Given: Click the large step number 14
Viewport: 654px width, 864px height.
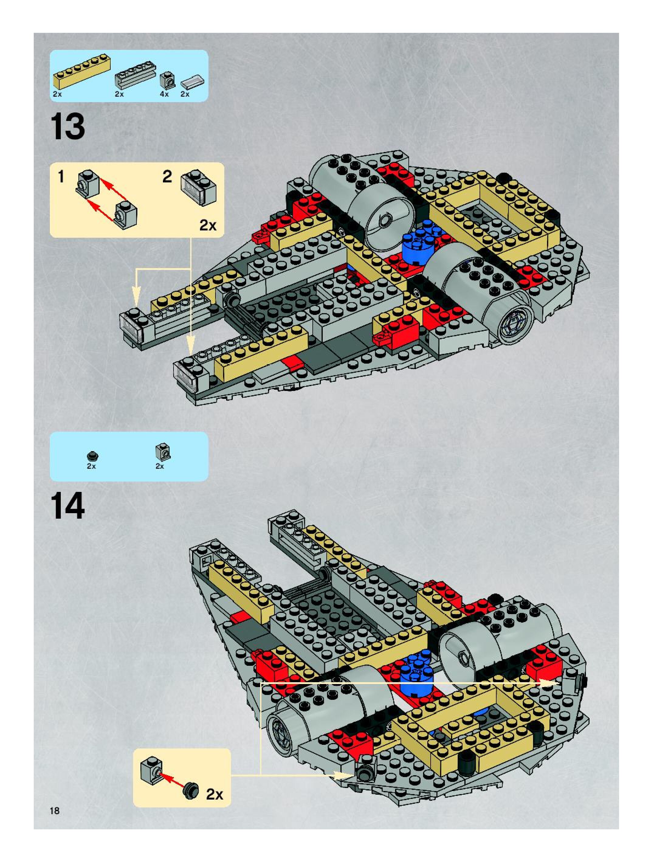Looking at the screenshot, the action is point(67,506).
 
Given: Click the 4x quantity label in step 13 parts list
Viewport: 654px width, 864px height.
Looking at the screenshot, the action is point(164,95).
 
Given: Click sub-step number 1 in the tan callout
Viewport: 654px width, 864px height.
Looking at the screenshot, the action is point(61,177).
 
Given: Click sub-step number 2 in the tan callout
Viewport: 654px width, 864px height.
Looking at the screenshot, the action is point(167,177).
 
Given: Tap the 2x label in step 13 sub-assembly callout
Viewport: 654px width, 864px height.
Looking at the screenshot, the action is point(208,225).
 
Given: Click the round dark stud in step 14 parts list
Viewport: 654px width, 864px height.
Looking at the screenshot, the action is point(92,455).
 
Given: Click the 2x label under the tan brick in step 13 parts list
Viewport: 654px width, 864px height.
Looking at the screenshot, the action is point(57,95).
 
